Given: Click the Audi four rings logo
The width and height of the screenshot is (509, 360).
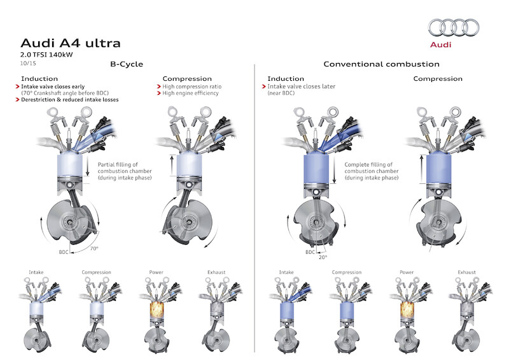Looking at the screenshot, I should point(453,27).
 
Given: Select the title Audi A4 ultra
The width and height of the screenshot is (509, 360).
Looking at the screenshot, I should point(70,43).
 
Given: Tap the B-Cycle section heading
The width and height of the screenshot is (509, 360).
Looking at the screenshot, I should point(126,64).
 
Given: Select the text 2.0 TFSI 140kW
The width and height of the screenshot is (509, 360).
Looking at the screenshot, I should point(46,56).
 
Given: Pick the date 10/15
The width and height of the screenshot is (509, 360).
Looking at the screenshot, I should point(28,64).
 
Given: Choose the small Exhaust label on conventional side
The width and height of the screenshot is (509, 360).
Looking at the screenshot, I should point(466,272).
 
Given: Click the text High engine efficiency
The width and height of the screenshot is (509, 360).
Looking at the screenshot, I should point(190,93).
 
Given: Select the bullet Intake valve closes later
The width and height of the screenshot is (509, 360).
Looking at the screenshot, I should point(301,86).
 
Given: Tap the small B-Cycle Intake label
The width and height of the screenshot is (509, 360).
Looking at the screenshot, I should point(36,272).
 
